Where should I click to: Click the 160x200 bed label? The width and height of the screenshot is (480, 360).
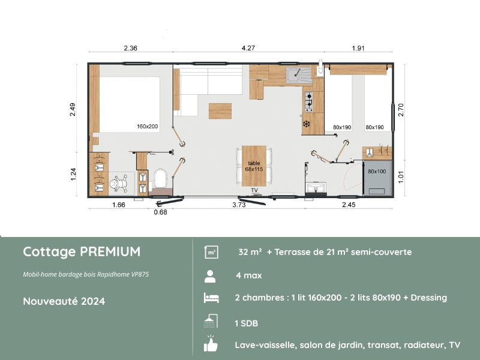pos(148,127)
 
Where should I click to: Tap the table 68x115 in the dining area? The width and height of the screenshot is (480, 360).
pos(254,166)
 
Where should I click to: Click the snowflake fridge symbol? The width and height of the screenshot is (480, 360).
pos(306,124)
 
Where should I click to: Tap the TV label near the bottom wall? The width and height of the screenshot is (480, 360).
pos(254,190)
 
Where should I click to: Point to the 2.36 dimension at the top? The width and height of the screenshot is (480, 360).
pos(130,49)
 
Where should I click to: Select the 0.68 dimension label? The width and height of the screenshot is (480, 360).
pos(160,211)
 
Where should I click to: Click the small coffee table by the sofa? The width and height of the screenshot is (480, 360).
pos(220,111)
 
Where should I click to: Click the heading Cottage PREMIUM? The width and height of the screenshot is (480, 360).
pos(82,251)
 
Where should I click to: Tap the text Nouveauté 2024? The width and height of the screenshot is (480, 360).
pos(64,301)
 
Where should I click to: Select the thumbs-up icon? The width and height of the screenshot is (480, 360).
pos(211,345)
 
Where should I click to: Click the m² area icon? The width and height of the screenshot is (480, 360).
pos(211,252)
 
